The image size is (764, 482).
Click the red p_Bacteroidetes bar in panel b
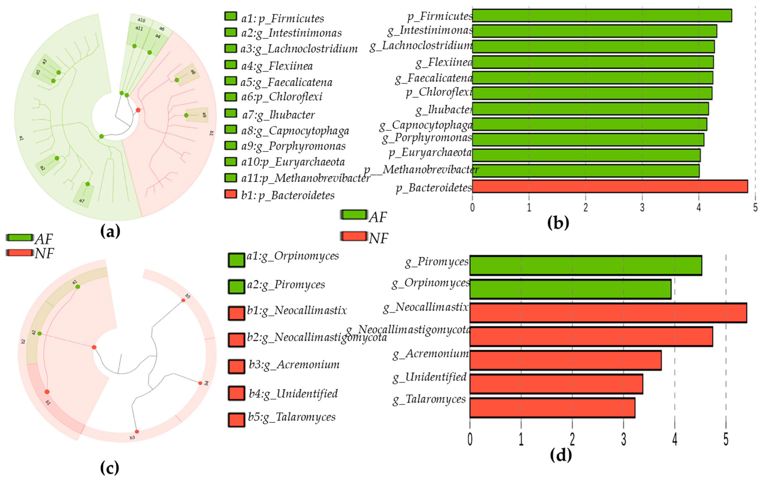(x=609, y=186)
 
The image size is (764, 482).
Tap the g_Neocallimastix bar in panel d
(x=608, y=313)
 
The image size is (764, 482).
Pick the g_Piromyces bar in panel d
(x=585, y=265)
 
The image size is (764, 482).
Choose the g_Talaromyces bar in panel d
(x=552, y=408)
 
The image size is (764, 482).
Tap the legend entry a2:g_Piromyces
(x=286, y=284)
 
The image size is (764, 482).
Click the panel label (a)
(x=110, y=231)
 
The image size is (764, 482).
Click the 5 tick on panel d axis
(x=726, y=440)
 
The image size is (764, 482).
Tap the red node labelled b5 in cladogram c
(x=183, y=300)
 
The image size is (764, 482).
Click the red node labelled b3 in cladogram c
(x=137, y=432)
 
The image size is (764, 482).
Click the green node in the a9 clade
(x=186, y=115)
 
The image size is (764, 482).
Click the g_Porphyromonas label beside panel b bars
(x=427, y=138)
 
